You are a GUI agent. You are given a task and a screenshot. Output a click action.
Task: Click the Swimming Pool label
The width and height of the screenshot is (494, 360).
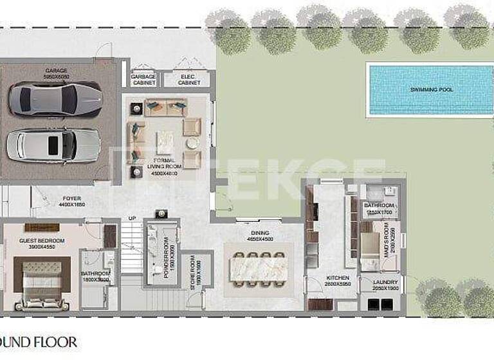tap(432, 89)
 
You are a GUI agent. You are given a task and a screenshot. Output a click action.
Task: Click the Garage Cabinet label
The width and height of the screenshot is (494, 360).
tap(143, 79)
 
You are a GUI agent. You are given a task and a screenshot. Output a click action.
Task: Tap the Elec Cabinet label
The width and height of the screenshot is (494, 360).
tap(188, 79)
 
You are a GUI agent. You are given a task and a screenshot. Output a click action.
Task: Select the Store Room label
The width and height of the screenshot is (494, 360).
tap(191, 274)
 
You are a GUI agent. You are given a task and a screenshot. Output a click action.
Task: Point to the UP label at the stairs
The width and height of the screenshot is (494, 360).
tap(133, 218)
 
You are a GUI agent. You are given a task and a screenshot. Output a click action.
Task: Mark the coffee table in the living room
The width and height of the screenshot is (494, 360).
tap(166, 141)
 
